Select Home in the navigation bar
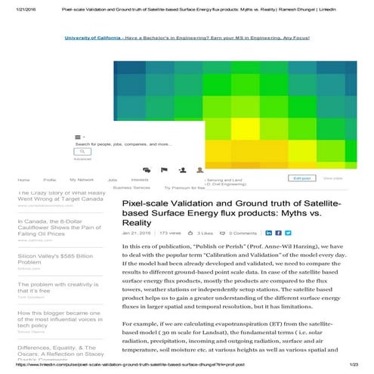23,181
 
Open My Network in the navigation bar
82,181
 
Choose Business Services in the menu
131,187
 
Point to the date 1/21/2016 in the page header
16,5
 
